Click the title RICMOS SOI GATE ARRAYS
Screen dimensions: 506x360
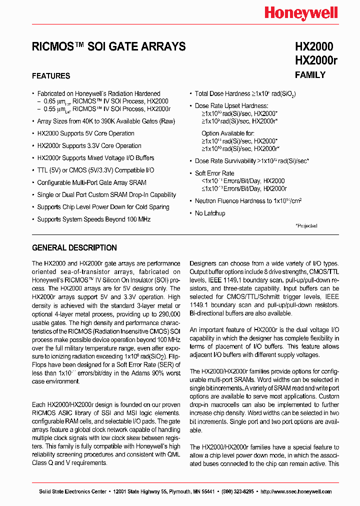[x=108, y=46]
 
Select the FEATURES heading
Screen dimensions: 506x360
[x=51, y=76]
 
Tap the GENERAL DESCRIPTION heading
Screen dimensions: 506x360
[x=74, y=247]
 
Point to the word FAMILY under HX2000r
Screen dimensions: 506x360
[x=310, y=75]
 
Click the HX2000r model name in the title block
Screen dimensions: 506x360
[x=316, y=60]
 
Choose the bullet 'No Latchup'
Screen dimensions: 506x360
[x=210, y=213]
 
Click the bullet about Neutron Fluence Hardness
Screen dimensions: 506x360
[x=248, y=201]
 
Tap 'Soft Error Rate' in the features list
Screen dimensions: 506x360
[x=214, y=173]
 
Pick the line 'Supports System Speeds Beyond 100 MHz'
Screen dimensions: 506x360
[x=93, y=219]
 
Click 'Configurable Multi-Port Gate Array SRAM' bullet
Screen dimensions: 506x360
[x=91, y=182]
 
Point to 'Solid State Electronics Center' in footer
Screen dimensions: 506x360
[x=72, y=491]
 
